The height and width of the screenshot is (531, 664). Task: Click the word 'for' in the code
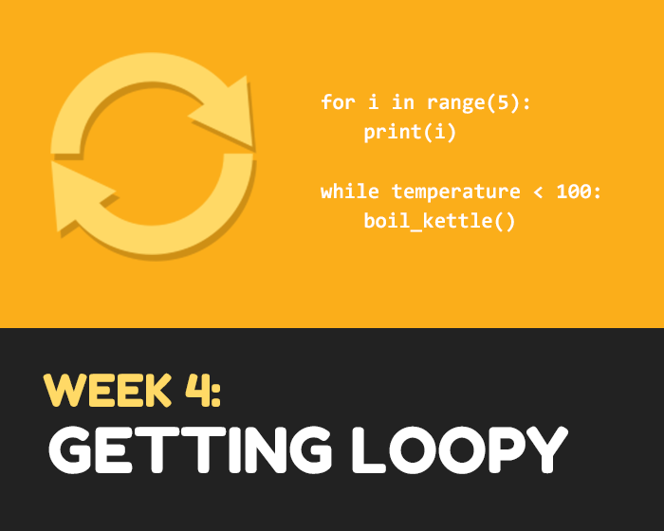(x=338, y=101)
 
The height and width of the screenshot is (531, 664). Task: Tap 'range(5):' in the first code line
(x=478, y=103)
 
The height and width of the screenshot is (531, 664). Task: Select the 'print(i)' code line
(x=410, y=132)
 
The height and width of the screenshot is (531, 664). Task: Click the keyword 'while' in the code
(x=350, y=191)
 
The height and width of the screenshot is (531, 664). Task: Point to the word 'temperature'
(x=455, y=192)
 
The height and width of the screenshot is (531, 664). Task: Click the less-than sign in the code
(x=538, y=192)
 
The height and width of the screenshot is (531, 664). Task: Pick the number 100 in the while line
(x=574, y=191)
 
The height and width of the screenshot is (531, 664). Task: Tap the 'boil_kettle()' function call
(x=439, y=221)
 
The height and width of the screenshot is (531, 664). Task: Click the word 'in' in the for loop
(x=403, y=101)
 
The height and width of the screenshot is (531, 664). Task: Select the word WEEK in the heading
(x=107, y=390)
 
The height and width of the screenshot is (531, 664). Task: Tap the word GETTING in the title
(x=190, y=449)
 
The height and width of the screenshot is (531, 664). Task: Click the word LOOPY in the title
(x=460, y=449)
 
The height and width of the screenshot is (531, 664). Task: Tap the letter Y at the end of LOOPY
(x=544, y=449)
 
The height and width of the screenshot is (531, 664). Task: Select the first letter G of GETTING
(x=70, y=449)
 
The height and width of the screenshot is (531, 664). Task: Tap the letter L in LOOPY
(x=368, y=449)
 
